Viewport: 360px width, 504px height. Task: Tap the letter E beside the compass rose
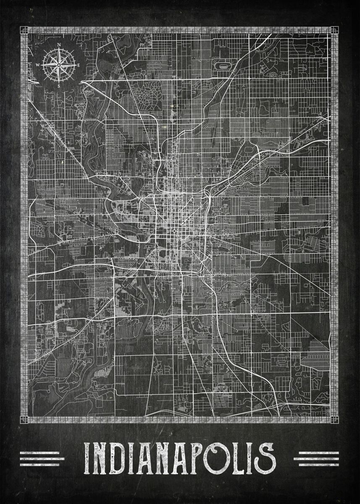click(78, 65)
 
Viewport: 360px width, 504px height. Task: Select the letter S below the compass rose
click(58, 86)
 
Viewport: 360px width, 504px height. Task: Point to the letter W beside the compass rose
click(37, 65)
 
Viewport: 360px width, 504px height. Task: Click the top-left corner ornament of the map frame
click(24, 31)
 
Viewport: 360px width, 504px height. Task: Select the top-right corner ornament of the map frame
click(334, 31)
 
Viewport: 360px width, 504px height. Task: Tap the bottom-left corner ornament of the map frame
click(24, 420)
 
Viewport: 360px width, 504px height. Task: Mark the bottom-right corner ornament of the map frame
click(334, 420)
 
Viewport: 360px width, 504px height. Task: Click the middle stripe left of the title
click(42, 459)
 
